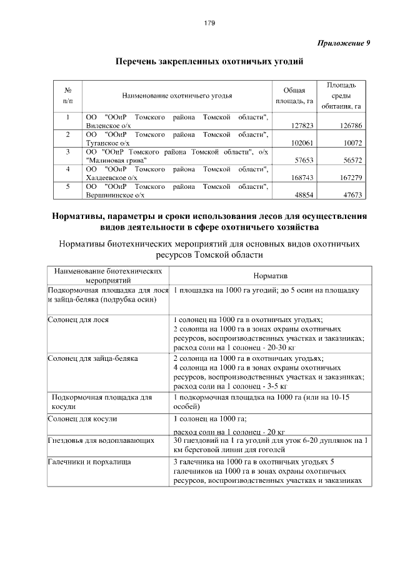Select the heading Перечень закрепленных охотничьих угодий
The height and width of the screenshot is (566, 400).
click(x=209, y=62)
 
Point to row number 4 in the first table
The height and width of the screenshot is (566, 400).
click(x=67, y=169)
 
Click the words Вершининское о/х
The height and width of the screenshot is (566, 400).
click(x=114, y=196)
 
